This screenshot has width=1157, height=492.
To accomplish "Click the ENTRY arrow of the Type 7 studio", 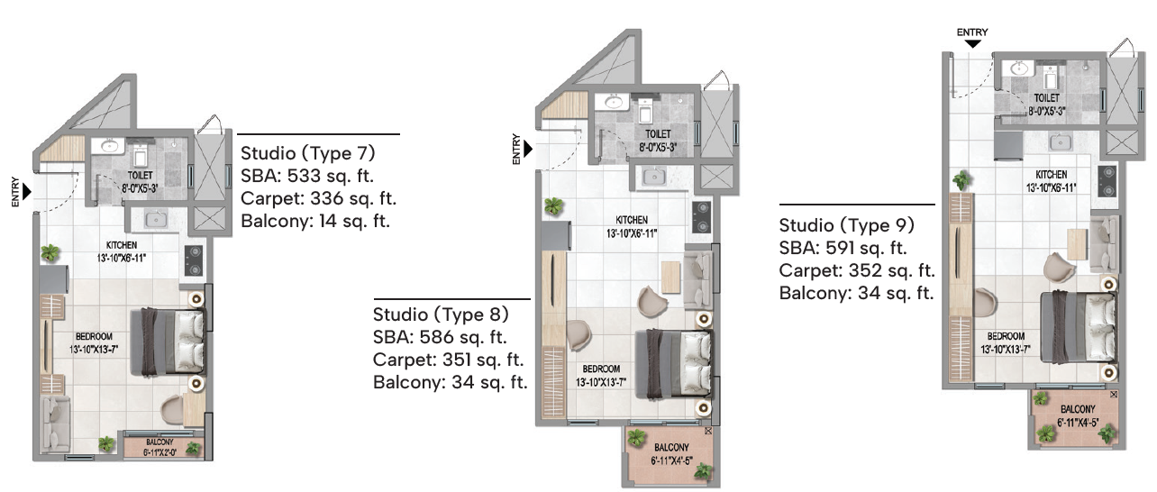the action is click(27, 192).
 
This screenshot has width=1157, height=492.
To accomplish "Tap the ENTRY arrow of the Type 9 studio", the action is click(972, 44).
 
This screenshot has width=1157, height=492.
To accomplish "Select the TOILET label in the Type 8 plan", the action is click(658, 134).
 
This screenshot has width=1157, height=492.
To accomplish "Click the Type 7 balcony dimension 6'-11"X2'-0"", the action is click(159, 452).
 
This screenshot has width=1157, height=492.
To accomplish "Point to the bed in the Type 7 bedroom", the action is click(168, 342).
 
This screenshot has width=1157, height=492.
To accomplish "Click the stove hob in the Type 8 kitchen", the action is click(702, 217).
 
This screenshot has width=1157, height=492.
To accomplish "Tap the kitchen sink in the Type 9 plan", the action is click(1060, 141).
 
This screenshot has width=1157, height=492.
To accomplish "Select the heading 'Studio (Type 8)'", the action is click(441, 314).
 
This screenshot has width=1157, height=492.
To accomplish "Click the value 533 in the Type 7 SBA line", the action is click(304, 176).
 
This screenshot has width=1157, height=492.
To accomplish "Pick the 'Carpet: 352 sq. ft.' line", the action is click(856, 270).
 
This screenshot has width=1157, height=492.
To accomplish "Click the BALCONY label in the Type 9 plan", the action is click(1078, 409).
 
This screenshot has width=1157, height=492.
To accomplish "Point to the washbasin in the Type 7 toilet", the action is click(110, 146).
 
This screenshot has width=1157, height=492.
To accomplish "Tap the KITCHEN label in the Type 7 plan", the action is click(122, 245).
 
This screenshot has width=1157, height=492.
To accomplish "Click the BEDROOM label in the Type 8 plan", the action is click(601, 369).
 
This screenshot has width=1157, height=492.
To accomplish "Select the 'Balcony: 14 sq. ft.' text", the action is click(315, 221).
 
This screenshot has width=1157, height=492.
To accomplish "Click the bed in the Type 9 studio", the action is click(1079, 328).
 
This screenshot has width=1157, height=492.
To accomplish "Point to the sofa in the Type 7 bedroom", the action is click(55, 424).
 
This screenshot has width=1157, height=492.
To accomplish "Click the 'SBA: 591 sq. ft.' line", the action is click(843, 248).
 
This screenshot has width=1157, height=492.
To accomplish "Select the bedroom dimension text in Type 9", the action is click(1005, 350).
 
